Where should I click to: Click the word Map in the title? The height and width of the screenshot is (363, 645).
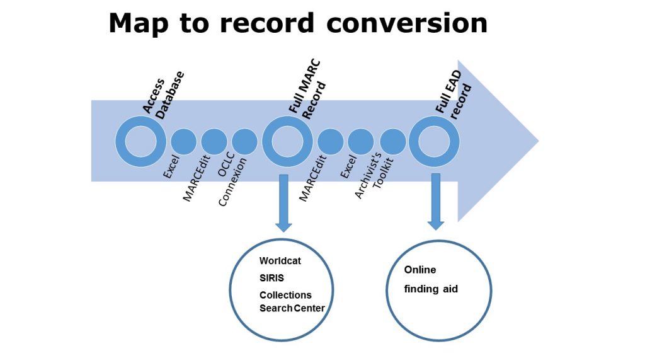coord(139,24)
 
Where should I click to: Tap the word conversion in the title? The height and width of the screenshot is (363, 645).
coord(407,23)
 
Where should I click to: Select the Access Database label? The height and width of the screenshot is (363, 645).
coord(163,95)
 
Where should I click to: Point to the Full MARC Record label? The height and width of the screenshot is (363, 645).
coord(307,89)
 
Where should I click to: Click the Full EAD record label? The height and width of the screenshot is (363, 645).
coord(454,95)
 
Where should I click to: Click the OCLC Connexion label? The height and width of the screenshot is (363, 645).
coord(232,179)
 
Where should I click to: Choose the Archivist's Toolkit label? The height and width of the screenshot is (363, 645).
coord(374,176)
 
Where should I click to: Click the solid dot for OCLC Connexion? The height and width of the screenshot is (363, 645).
coord(244,142)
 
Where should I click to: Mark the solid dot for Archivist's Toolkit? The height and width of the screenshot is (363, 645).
coord(393,142)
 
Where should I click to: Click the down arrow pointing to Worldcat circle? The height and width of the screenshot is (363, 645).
coord(283,203)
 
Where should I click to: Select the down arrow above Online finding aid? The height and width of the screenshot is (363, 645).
coord(436,202)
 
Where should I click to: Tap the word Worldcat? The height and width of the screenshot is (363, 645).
coord(280,260)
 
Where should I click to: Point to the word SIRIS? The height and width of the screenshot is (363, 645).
coord(271,278)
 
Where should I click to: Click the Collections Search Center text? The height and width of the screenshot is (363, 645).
coord(292,301)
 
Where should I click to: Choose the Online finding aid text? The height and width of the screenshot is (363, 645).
coord(431,279)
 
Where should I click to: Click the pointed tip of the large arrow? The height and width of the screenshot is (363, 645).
coord(538,141)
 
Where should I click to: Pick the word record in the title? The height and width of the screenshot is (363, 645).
coord(267,23)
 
